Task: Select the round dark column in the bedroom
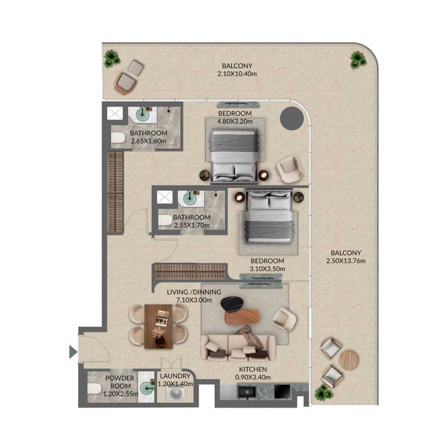(292, 118)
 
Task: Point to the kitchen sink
(247, 391)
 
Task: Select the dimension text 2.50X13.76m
(346, 261)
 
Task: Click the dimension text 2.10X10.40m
(237, 74)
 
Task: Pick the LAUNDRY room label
(175, 376)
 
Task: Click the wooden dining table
(159, 326)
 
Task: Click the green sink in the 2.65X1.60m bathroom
(143, 114)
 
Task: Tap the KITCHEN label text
(253, 370)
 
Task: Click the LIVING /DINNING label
(194, 292)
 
